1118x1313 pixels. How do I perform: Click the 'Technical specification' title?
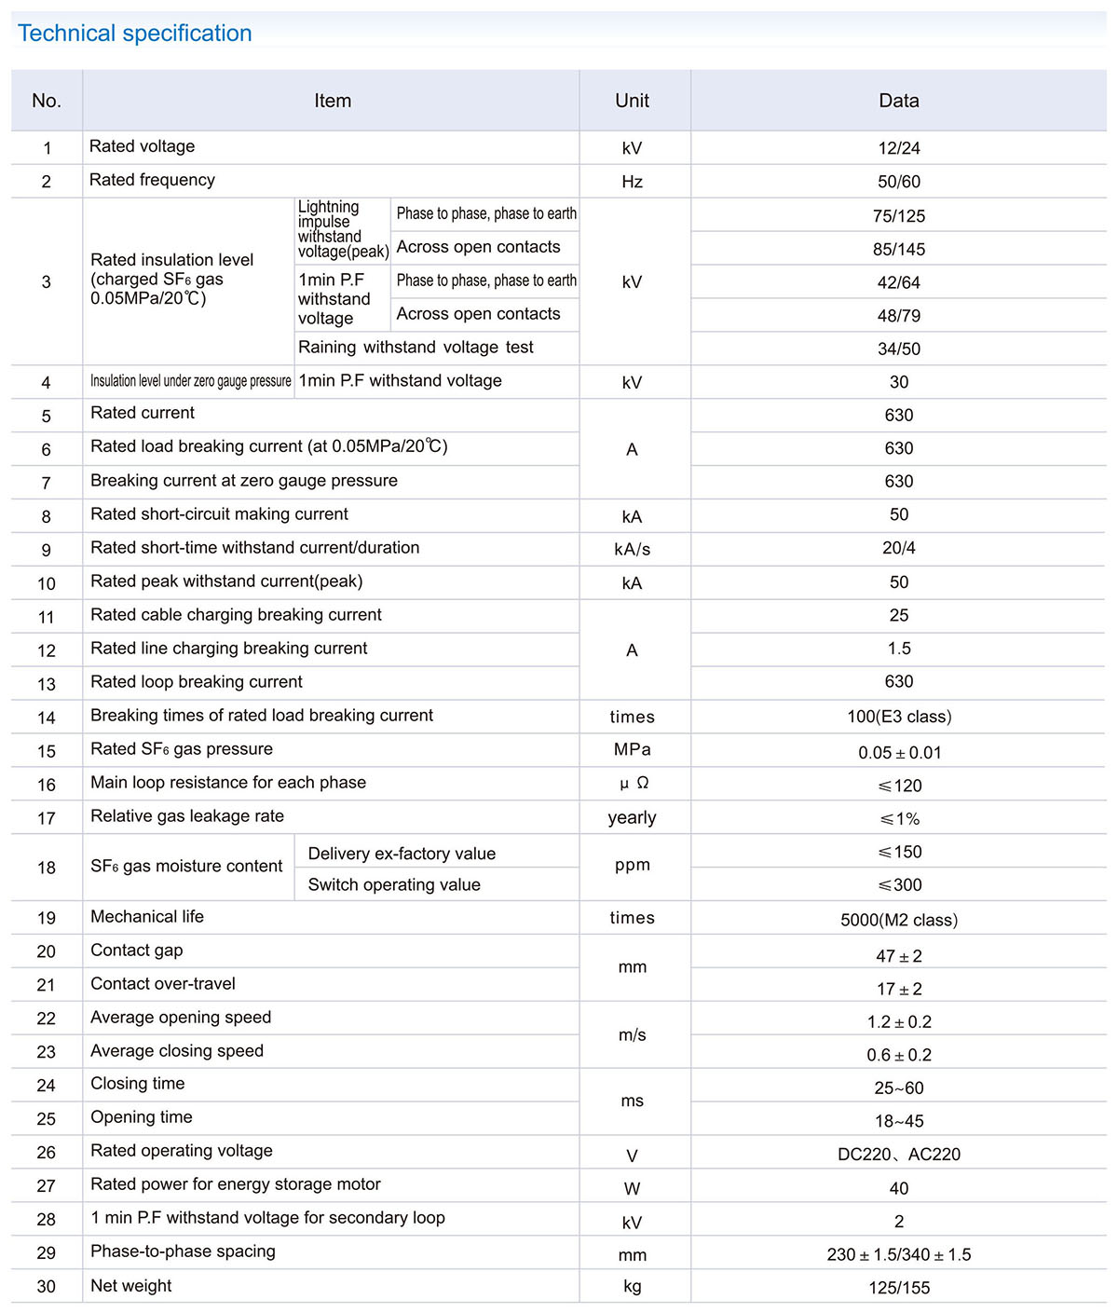point(135,34)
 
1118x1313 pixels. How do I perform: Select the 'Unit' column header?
point(632,101)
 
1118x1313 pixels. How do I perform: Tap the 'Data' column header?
point(898,101)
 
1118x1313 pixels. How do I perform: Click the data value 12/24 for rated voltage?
point(898,148)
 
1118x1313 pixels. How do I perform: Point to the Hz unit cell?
point(632,182)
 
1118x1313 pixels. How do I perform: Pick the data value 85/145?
point(898,250)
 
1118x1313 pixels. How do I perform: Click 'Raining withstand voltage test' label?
point(416,348)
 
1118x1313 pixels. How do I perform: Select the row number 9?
point(47,550)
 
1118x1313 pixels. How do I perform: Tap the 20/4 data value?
point(898,548)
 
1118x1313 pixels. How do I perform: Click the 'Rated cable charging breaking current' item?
point(236,615)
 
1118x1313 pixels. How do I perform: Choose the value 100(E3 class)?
point(898,717)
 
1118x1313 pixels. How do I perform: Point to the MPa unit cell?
point(632,750)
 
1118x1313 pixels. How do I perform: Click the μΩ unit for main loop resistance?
point(634,784)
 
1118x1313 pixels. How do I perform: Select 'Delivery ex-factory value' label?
point(402,854)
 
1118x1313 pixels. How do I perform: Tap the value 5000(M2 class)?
point(898,920)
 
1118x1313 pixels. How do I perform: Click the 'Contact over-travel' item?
point(163,984)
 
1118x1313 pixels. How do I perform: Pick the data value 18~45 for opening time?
point(898,1121)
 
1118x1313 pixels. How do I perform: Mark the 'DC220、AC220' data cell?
point(898,1155)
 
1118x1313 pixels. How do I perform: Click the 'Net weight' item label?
point(131,1286)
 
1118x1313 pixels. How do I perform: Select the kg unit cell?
point(632,1287)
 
